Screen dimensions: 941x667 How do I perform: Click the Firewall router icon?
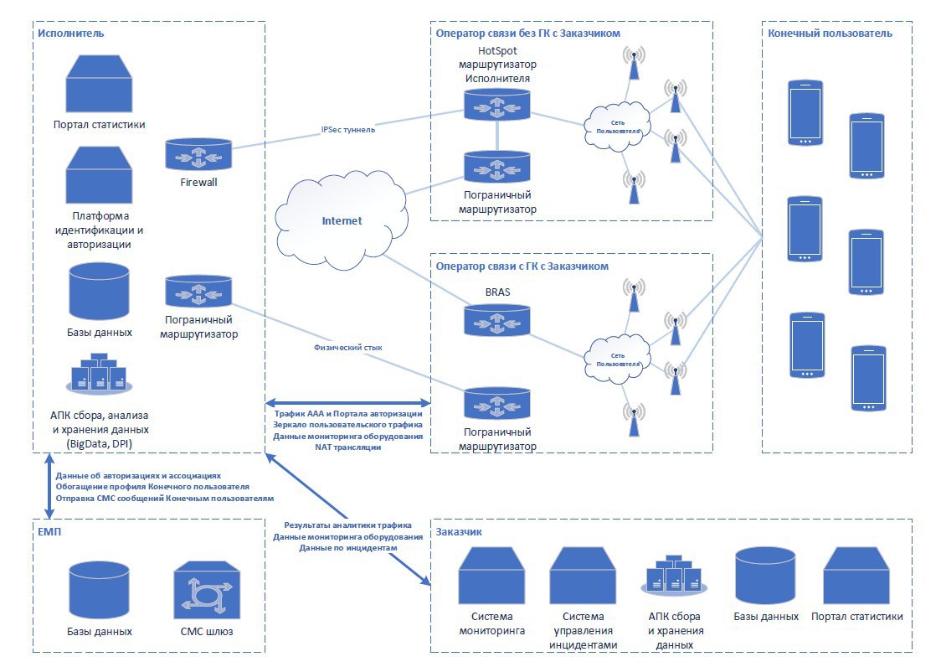(x=198, y=154)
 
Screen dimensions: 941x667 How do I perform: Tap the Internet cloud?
(x=342, y=220)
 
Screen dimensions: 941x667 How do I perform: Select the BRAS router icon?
(x=497, y=319)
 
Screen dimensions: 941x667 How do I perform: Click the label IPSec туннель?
(x=348, y=129)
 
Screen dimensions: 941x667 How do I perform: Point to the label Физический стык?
(x=348, y=347)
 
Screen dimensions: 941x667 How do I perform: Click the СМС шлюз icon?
(x=207, y=590)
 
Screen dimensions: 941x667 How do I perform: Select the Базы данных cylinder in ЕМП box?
(x=99, y=590)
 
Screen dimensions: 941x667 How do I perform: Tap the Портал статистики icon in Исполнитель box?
(x=99, y=84)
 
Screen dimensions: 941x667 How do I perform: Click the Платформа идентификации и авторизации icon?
(x=99, y=175)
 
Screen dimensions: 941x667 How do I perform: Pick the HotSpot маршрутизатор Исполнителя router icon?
(x=497, y=104)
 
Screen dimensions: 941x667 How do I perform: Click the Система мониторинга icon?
(x=492, y=576)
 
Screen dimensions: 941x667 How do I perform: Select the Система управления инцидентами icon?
(x=584, y=576)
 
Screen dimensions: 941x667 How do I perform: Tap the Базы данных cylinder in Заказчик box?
(x=766, y=576)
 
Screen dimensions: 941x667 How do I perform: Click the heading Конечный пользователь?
(x=830, y=33)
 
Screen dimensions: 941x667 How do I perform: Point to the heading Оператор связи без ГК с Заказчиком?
(x=528, y=33)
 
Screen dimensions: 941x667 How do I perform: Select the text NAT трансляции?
(x=348, y=447)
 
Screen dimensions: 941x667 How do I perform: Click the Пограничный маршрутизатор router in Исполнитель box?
(x=198, y=291)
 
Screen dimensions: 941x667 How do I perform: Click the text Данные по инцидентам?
(x=348, y=547)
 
